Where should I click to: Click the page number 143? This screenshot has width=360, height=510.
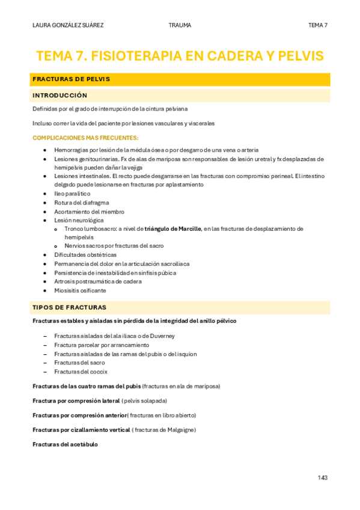click(323, 478)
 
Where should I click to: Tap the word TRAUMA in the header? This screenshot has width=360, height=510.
click(180, 25)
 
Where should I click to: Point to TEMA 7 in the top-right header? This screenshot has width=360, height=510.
click(317, 25)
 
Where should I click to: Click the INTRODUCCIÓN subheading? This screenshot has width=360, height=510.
click(60, 96)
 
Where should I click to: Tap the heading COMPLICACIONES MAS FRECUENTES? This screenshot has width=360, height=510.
click(85, 138)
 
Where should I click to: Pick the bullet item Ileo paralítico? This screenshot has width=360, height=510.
click(72, 194)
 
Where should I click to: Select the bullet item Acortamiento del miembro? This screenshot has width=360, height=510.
click(89, 212)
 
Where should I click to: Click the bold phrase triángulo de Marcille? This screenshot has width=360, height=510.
click(173, 229)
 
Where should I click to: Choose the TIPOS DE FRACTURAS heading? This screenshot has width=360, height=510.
click(69, 307)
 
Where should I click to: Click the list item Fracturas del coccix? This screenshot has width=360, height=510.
click(81, 372)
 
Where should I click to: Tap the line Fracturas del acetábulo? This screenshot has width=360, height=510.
click(65, 444)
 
